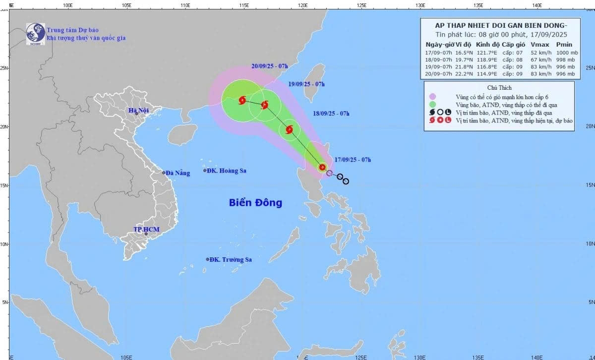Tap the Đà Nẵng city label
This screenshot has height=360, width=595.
[178, 173]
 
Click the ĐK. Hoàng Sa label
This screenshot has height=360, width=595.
[228, 171]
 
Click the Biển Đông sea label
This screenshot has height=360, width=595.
[255, 202]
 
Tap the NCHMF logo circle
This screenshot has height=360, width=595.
[35, 33]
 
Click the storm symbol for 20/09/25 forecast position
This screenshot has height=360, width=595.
[242, 101]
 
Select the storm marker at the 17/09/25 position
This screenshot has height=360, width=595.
[322, 168]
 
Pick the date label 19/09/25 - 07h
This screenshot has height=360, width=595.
[306, 84]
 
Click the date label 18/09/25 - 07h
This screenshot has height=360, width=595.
[331, 114]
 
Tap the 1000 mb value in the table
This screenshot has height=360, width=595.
[564, 52]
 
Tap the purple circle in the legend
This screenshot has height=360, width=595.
[433, 97]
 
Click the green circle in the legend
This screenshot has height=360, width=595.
[433, 105]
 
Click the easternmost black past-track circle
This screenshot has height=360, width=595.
[346, 181]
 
